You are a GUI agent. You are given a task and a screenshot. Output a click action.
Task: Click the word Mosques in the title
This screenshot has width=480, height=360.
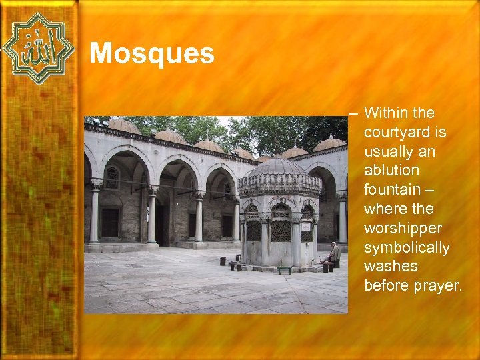click(x=151, y=53)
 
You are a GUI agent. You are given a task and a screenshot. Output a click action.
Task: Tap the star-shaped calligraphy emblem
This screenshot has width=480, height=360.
click(x=38, y=48)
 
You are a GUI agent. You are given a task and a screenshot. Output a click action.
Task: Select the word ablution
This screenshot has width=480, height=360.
click(x=391, y=171)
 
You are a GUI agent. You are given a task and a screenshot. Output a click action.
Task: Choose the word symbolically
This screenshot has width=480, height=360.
click(x=407, y=247)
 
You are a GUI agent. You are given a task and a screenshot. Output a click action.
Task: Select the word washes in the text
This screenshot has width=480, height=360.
click(x=391, y=267)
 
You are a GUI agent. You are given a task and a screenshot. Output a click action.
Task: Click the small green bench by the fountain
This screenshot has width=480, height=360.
click(x=284, y=269)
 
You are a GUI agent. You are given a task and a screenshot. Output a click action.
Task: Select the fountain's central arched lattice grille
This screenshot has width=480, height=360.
click(x=280, y=229)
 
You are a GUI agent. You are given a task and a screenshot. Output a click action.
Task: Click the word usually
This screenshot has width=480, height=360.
click(x=389, y=151)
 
